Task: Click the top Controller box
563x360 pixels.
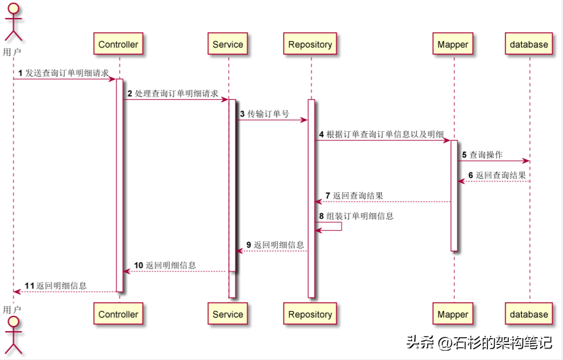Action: pyautogui.click(x=118, y=44)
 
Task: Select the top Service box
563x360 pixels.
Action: pyautogui.click(x=228, y=44)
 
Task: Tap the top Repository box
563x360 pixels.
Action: pyautogui.click(x=310, y=44)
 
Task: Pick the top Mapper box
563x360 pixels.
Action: pyautogui.click(x=453, y=44)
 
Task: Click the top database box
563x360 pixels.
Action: pyautogui.click(x=529, y=44)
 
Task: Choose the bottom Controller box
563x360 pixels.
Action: pyautogui.click(x=118, y=314)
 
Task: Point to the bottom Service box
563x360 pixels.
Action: pyautogui.click(x=228, y=314)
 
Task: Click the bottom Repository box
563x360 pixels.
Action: pyautogui.click(x=310, y=314)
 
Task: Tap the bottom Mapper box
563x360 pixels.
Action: pyautogui.click(x=453, y=314)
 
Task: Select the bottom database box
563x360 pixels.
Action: pyautogui.click(x=529, y=314)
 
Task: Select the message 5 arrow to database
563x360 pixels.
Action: pyautogui.click(x=493, y=161)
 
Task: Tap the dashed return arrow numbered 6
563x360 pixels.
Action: pyautogui.click(x=493, y=181)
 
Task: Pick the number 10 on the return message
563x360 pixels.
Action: pyautogui.click(x=138, y=265)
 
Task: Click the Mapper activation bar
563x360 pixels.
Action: pyautogui.click(x=454, y=195)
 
